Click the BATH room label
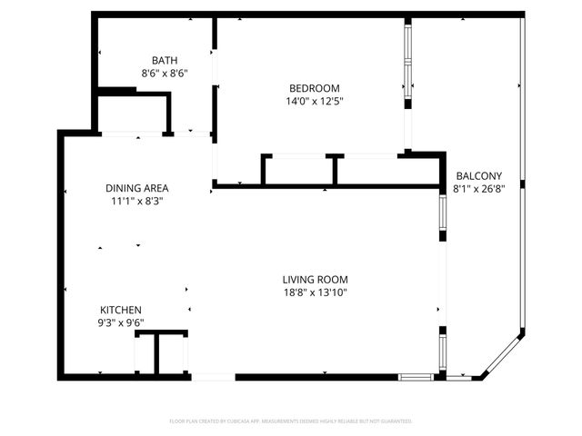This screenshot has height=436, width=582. (165, 60)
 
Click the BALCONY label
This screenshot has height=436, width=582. (478, 176)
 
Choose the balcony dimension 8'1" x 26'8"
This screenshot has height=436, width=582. (478, 189)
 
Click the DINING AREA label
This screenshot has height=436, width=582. (137, 189)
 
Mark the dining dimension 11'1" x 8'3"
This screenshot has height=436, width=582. (137, 202)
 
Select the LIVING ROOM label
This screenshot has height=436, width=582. (315, 279)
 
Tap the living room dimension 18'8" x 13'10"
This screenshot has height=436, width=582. (315, 292)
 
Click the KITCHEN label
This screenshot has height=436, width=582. (121, 310)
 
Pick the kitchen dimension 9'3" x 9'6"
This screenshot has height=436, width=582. (121, 322)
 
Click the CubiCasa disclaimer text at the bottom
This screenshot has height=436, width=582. (291, 421)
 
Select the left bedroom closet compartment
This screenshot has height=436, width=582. (299, 171)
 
